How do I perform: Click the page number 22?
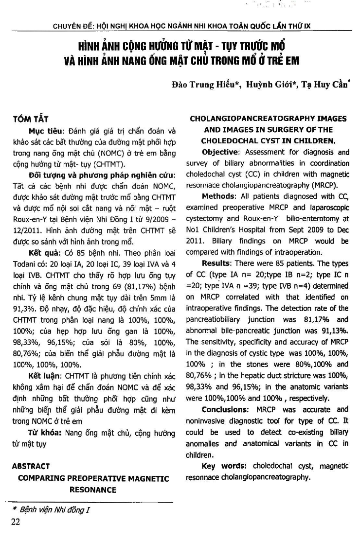[16, 523]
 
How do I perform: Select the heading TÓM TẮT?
[30, 119]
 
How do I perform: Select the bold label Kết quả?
[42, 253]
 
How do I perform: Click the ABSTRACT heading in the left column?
[31, 466]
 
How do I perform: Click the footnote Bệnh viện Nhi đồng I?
[54, 510]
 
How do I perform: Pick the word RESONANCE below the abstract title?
[93, 490]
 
